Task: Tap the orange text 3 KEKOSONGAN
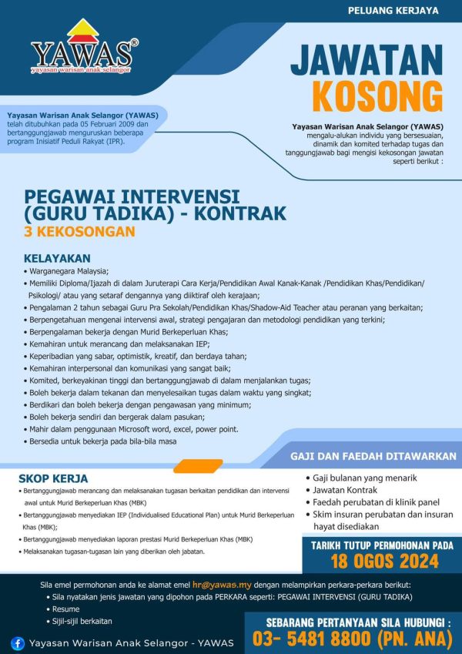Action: pyautogui.click(x=79, y=230)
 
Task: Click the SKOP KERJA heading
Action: pyautogui.click(x=53, y=479)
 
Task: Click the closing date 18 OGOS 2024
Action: pyautogui.click(x=379, y=559)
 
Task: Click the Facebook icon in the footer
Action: pyautogui.click(x=18, y=642)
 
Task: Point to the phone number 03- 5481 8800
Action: pyautogui.click(x=307, y=638)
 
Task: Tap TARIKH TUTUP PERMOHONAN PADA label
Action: pyautogui.click(x=382, y=545)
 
